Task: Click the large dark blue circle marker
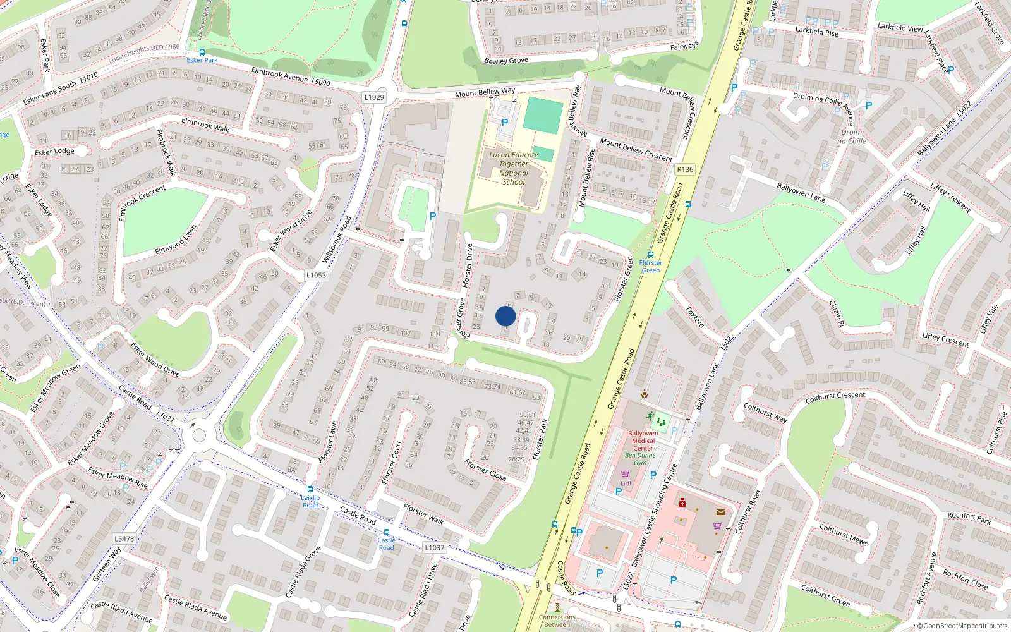click(x=505, y=316)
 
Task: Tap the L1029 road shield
click(x=374, y=97)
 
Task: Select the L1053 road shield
click(x=316, y=275)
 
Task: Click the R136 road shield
click(x=685, y=169)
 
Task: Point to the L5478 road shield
click(x=124, y=538)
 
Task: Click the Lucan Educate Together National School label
click(x=514, y=168)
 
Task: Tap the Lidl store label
click(x=626, y=483)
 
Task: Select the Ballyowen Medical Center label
click(x=643, y=441)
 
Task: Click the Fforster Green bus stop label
click(x=650, y=267)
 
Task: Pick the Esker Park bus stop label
click(x=202, y=60)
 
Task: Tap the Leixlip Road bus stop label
click(x=310, y=501)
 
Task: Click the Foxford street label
click(x=695, y=317)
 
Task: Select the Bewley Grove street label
click(x=505, y=61)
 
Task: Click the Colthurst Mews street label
click(x=843, y=534)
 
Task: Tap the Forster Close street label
click(x=485, y=470)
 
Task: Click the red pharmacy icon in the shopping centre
click(x=682, y=502)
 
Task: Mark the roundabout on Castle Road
click(x=199, y=435)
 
